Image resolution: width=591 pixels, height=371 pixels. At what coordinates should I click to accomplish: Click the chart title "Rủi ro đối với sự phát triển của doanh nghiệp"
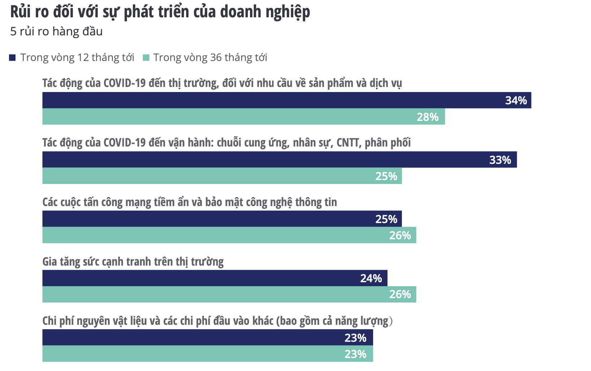click(x=160, y=12)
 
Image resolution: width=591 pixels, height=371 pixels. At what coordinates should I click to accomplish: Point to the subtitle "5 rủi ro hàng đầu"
click(x=56, y=31)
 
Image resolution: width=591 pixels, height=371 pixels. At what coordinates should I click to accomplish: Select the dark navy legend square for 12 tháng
click(x=13, y=58)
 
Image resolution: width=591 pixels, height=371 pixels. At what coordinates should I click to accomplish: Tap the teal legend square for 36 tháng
click(x=146, y=58)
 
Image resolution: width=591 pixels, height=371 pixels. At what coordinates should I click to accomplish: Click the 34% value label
click(x=516, y=100)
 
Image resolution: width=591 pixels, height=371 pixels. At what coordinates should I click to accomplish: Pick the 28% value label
click(x=428, y=117)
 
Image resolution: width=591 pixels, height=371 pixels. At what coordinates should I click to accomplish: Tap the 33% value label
click(x=500, y=160)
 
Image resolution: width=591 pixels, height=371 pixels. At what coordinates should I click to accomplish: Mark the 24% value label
click(x=371, y=278)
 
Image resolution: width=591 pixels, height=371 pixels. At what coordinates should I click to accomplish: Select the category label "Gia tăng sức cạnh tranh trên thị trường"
click(x=133, y=261)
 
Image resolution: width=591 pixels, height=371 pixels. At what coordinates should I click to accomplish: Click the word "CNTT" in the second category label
click(x=348, y=143)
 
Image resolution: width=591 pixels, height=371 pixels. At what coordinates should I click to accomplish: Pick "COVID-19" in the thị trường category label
click(x=124, y=83)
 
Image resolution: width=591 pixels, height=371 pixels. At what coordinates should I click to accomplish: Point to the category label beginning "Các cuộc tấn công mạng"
click(x=189, y=202)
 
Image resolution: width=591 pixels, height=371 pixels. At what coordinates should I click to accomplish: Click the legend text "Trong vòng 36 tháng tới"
click(x=210, y=58)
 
